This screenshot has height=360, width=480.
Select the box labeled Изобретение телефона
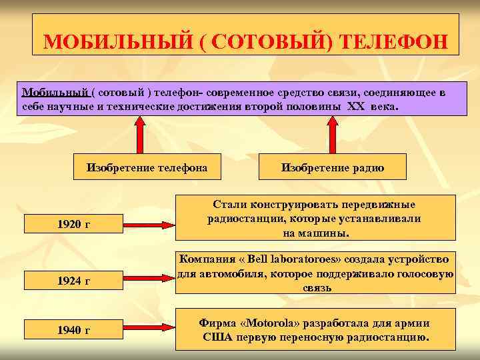pyautogui.click(x=147, y=167)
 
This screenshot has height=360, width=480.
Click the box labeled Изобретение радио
pyautogui.click(x=332, y=167)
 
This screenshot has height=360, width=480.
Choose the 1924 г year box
pyautogui.click(x=73, y=281)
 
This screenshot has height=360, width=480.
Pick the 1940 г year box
pyautogui.click(x=73, y=329)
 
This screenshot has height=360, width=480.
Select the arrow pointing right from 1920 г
pyautogui.click(x=148, y=223)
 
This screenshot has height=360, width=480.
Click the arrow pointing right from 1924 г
pyautogui.click(x=148, y=280)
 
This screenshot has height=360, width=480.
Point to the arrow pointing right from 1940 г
pyautogui.click(x=148, y=329)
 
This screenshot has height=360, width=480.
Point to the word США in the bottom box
pyautogui.click(x=216, y=337)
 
